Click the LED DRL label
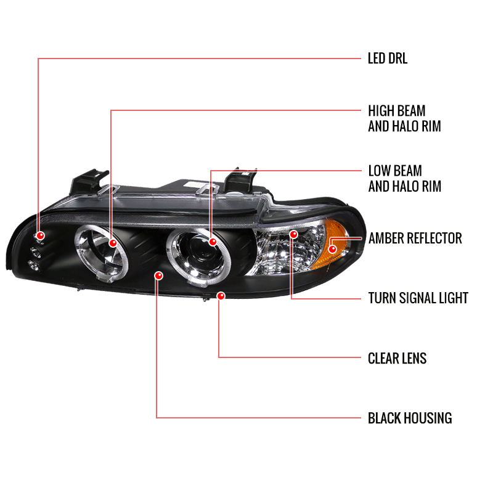[388, 59]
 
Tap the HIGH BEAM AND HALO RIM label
[404, 118]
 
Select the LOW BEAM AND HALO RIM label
[405, 179]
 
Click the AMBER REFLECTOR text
[415, 238]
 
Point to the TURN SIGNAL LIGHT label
[418, 298]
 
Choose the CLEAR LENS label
[397, 359]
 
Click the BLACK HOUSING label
[410, 418]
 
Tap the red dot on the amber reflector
[332, 250]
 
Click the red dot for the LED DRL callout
[40, 235]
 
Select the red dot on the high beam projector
[113, 243]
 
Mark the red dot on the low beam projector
[213, 242]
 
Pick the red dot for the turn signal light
[294, 234]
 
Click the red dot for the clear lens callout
[221, 296]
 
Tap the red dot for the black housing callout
[159, 275]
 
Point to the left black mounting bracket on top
[88, 182]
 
